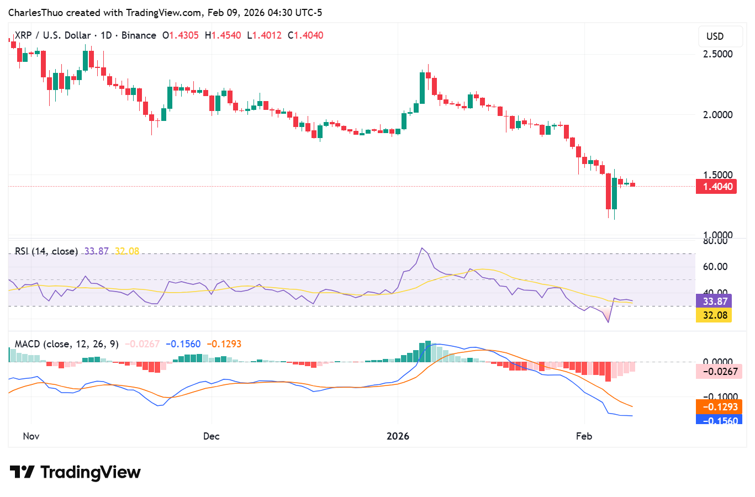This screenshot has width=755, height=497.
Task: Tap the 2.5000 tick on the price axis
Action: coord(717,54)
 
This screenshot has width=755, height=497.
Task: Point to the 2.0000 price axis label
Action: coord(717,115)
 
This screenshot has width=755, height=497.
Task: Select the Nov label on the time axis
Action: coord(31,436)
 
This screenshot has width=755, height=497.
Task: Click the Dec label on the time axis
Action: coord(211,436)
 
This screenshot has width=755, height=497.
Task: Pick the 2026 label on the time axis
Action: coord(398,436)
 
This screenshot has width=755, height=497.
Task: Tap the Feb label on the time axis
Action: coord(584,436)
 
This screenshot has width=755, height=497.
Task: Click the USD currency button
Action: coord(715,36)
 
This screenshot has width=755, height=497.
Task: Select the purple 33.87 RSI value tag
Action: coord(715,302)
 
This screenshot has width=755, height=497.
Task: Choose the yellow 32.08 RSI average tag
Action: coord(715,315)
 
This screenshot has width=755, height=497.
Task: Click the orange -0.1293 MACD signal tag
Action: coord(720,407)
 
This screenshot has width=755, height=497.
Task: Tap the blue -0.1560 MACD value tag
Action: coord(720,420)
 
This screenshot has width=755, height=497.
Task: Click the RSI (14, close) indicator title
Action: coord(46,251)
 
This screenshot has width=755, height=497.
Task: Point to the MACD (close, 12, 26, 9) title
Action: coord(66,344)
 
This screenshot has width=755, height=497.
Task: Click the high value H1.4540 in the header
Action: coord(223,35)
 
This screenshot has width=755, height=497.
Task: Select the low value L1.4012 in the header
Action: coord(264,35)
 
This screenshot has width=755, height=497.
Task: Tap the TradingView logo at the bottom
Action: coord(76,473)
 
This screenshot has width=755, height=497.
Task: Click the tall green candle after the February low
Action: coord(614,193)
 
